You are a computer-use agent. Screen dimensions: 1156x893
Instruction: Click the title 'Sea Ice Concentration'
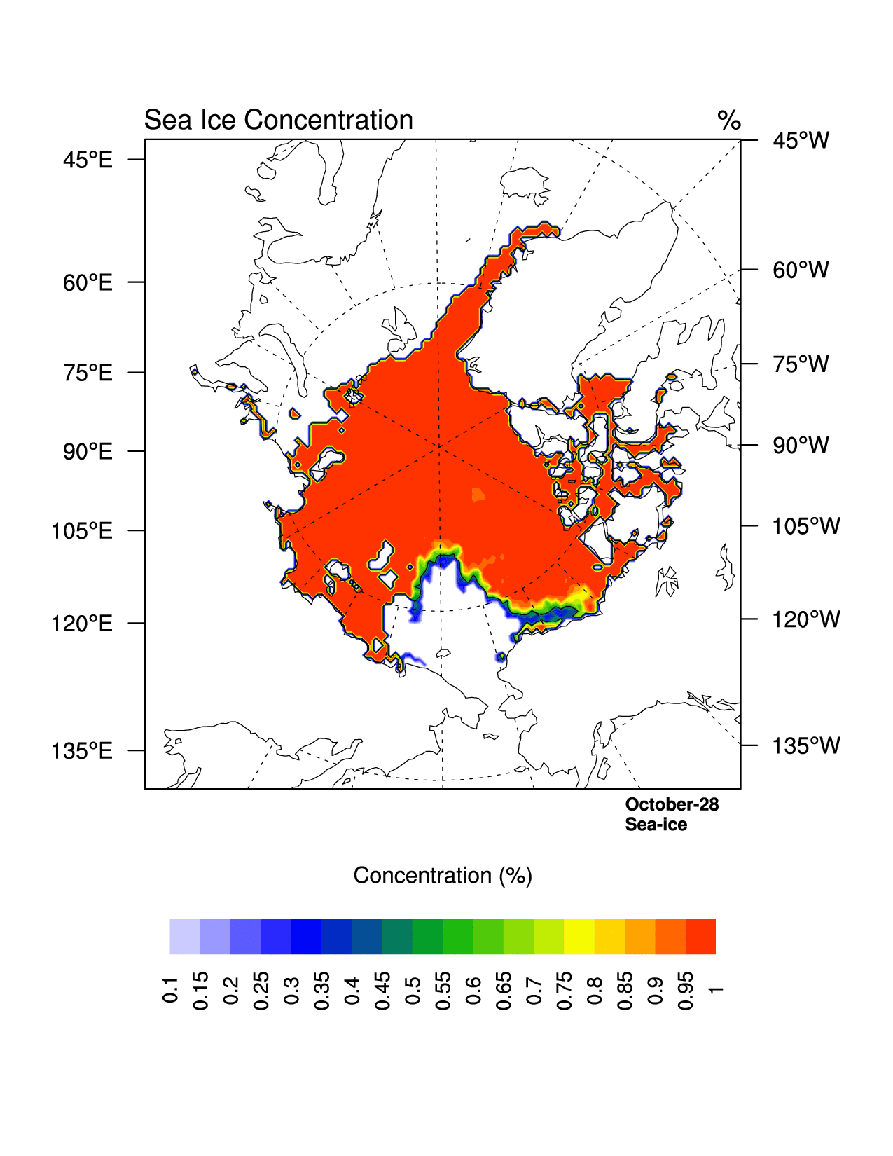coord(278,121)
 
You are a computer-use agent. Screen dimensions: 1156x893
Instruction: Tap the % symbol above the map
coord(728,121)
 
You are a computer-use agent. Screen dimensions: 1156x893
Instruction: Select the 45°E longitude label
coord(88,160)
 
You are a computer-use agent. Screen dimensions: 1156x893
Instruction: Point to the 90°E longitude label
coord(88,452)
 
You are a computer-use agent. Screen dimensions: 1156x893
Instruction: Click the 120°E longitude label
coord(82,624)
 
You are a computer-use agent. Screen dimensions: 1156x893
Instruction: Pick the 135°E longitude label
coord(82,751)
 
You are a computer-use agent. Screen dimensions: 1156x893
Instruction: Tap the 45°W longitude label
coord(801,141)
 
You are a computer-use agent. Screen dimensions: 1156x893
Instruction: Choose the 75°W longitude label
coord(801,364)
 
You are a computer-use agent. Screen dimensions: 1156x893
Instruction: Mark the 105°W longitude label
coord(805,526)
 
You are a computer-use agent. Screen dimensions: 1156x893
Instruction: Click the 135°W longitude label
coord(805,746)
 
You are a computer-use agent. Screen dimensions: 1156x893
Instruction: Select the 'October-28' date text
coord(672,804)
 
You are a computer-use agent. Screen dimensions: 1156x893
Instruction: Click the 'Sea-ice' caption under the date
coord(656,825)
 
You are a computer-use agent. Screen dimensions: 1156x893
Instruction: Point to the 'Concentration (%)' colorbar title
coord(443,876)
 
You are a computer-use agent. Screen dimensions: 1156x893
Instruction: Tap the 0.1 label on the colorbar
coord(170,989)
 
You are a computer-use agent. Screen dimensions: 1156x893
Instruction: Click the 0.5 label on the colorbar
coord(413,989)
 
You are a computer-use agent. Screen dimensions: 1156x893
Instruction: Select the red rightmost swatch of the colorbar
coord(700,937)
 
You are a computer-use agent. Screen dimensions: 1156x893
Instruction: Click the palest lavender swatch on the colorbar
coord(185,937)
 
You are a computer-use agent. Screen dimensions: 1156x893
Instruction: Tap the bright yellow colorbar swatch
coord(579,937)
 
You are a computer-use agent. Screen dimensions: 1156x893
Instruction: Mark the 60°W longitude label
coord(801,270)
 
